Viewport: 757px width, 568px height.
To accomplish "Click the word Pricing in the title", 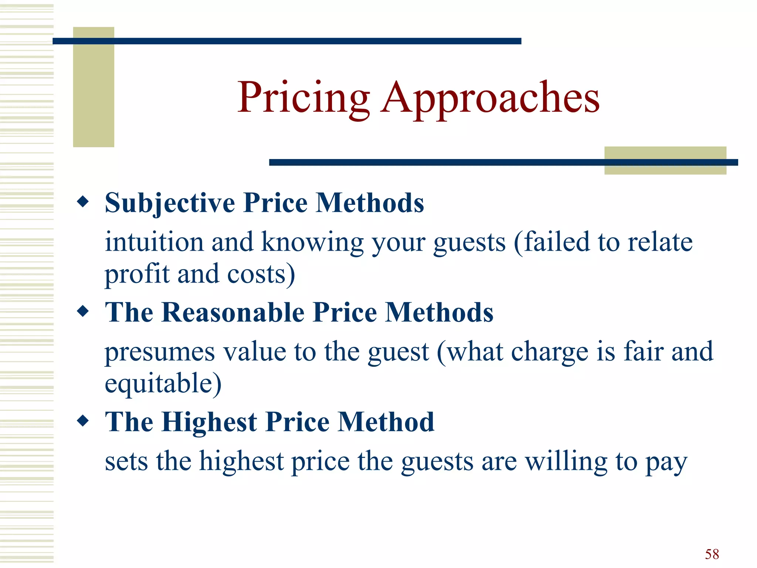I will click(x=303, y=98).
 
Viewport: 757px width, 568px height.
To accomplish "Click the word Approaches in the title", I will click(x=490, y=98).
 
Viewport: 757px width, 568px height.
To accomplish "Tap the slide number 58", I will click(x=712, y=554).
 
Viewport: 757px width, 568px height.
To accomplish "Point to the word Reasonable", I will click(x=233, y=312).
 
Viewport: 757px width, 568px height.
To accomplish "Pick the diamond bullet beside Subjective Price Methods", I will click(x=83, y=202).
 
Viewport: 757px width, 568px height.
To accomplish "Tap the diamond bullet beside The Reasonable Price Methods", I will click(x=83, y=311).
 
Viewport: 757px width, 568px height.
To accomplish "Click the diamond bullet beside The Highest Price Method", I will click(x=83, y=421).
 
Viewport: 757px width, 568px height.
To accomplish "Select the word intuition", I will click(x=154, y=242).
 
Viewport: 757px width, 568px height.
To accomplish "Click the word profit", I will click(x=137, y=274).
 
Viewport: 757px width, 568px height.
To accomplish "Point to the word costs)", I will click(x=261, y=274).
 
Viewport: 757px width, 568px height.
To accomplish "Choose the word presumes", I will click(x=160, y=352).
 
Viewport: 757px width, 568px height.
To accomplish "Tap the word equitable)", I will click(x=163, y=384).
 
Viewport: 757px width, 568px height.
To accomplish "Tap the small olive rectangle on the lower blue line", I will click(x=665, y=160).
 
